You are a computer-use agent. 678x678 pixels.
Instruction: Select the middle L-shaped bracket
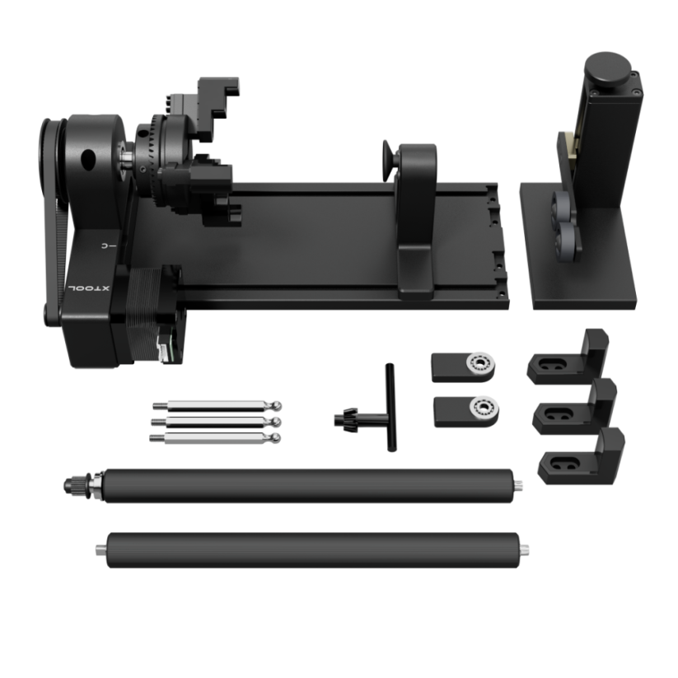pyautogui.click(x=577, y=407)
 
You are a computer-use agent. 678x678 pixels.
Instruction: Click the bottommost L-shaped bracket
pyautogui.click(x=583, y=458)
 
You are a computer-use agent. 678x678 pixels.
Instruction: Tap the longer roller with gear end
pyautogui.click(x=305, y=486)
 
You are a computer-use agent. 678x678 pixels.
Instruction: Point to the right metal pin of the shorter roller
pyautogui.click(x=524, y=549)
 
